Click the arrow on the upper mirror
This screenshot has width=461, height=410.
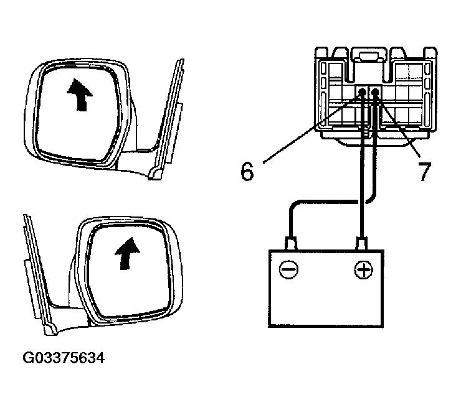coord(79,95)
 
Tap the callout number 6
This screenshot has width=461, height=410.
coord(247,172)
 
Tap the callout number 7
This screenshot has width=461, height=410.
coord(424,172)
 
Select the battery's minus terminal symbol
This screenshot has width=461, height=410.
coord(288,270)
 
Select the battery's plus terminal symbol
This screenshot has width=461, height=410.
coord(362,270)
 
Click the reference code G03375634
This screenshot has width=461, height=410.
coord(64,358)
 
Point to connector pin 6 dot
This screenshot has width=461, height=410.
coord(362,93)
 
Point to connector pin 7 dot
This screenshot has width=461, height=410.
coord(376,93)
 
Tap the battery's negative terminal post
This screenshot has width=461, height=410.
coord(289,242)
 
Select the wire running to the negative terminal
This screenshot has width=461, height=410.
coord(324,202)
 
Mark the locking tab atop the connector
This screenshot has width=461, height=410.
coord(368,57)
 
